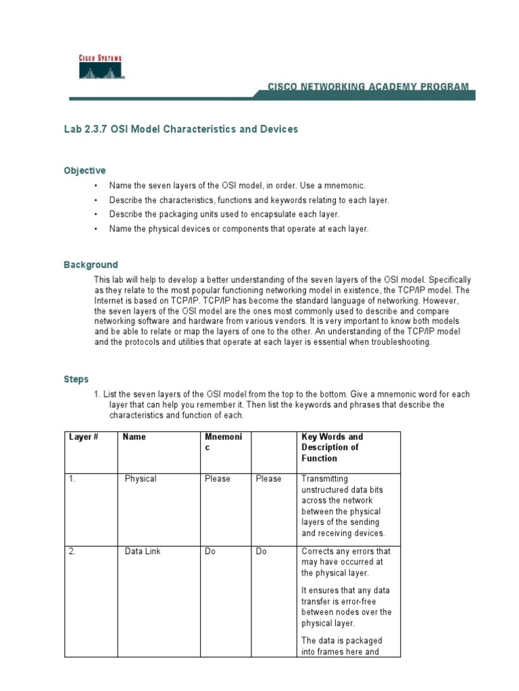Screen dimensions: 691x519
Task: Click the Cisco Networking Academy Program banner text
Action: click(x=368, y=87)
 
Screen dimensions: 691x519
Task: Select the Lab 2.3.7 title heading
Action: click(x=180, y=129)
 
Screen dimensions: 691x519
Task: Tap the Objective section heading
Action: click(x=84, y=171)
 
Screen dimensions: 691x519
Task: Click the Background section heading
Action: click(x=91, y=265)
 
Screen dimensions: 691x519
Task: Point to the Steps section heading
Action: click(x=76, y=379)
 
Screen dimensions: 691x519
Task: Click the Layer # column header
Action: click(x=84, y=437)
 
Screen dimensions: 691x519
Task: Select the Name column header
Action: click(x=134, y=437)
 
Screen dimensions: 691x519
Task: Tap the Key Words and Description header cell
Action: click(x=332, y=447)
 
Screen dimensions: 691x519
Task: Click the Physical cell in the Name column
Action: click(x=141, y=478)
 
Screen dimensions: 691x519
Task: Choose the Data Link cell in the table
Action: click(x=143, y=551)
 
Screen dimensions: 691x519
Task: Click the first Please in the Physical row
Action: click(x=218, y=478)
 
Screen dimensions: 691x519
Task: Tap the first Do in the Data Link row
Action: click(x=210, y=551)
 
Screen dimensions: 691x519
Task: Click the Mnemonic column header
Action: click(x=222, y=442)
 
